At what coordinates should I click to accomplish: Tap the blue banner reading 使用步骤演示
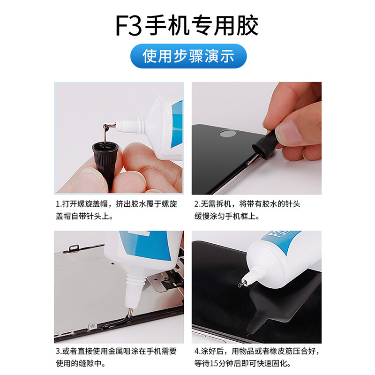(188, 56)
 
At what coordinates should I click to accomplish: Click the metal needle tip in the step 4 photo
(242, 284)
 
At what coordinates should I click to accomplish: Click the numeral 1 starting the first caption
(57, 204)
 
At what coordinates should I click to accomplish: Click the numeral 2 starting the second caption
(196, 204)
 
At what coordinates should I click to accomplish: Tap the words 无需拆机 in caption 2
(216, 204)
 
